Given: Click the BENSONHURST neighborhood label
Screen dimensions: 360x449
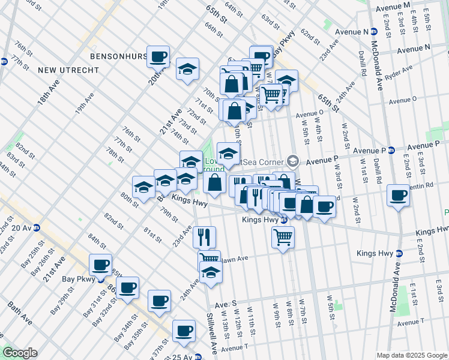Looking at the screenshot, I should (x=118, y=56).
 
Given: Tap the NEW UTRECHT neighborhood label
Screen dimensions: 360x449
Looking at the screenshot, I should (x=68, y=70).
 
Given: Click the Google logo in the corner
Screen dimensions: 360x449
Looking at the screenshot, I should (x=20, y=353).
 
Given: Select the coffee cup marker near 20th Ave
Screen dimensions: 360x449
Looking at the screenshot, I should (x=158, y=57).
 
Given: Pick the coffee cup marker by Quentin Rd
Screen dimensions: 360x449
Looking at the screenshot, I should (x=397, y=196).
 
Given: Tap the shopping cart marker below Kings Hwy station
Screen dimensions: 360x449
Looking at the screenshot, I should (x=283, y=237).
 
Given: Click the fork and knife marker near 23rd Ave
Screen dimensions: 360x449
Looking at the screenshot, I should (x=205, y=237).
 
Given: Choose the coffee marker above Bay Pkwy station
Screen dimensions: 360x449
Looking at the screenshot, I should (x=101, y=265).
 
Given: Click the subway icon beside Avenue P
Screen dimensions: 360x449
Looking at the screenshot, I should (x=391, y=150).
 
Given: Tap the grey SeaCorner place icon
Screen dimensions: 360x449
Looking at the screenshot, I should (x=293, y=160).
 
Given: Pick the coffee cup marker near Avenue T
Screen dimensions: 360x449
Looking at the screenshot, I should (x=184, y=330).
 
